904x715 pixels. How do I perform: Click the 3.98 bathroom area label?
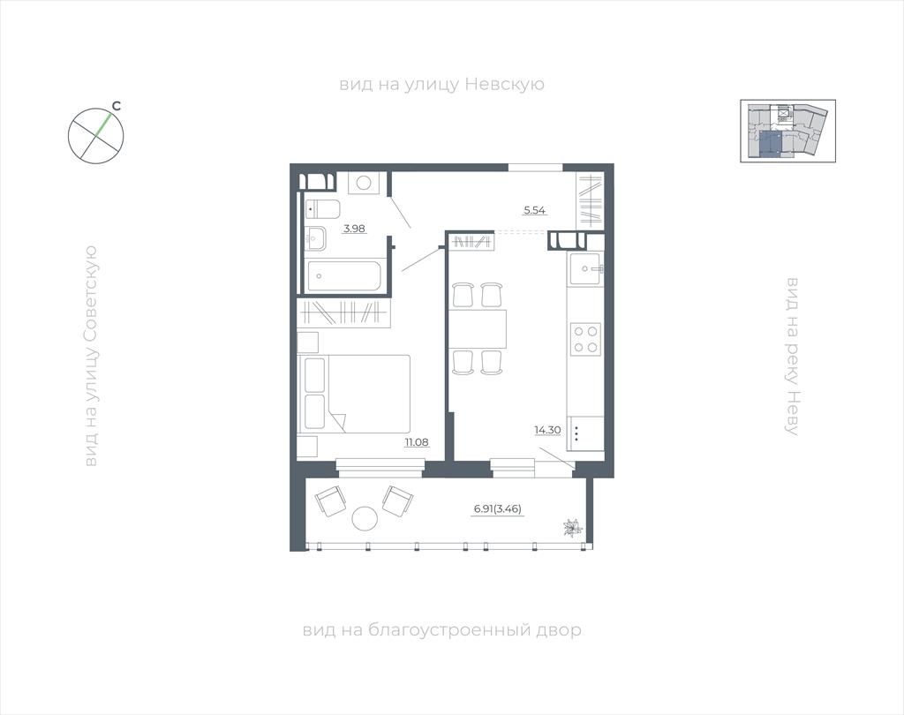point(355,229)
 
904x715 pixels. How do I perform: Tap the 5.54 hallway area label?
point(534,210)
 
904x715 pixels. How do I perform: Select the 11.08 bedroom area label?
point(417,443)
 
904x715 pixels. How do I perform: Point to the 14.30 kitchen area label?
point(547,430)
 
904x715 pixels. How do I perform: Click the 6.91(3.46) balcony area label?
point(498,509)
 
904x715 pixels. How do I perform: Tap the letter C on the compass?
point(117,106)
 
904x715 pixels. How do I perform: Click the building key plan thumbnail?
point(787,131)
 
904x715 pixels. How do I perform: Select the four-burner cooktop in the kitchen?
point(586,340)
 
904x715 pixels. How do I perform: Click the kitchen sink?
point(586,269)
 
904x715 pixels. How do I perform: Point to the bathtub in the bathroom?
point(343,276)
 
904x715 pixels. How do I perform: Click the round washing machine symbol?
point(363,184)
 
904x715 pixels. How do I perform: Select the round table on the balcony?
point(365,519)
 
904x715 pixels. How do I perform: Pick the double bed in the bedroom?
point(353,394)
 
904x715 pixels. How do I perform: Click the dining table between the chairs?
point(478,328)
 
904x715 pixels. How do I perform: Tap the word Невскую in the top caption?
point(504,85)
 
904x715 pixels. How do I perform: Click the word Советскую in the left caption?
point(91,300)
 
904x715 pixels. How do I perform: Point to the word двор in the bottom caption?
point(559,631)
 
